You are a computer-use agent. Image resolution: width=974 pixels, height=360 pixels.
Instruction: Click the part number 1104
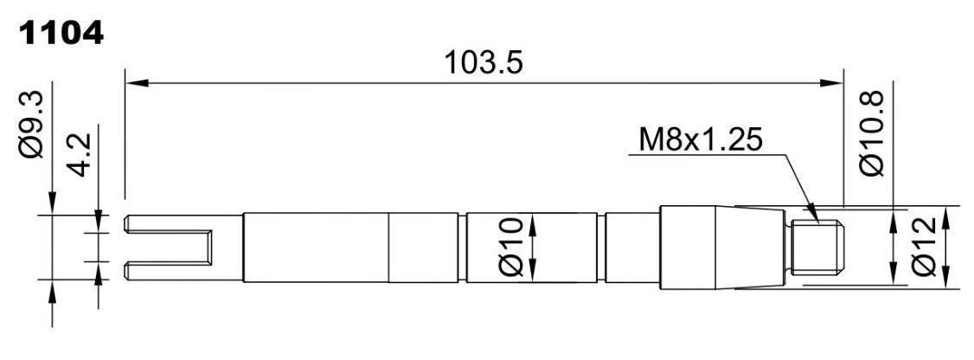61,35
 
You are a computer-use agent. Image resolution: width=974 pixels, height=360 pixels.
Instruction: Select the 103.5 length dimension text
484,63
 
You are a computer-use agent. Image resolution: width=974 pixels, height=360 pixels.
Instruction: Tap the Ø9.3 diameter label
31,124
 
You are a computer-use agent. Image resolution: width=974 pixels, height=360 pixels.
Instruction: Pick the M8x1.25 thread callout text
701,141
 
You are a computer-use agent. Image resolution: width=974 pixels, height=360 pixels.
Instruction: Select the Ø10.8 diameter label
872,132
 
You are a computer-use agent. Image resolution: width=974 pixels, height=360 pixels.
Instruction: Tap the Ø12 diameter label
925,247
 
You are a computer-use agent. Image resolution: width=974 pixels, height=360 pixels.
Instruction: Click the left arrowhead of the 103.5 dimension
137,83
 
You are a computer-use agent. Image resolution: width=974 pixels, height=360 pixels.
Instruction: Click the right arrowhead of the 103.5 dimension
831,83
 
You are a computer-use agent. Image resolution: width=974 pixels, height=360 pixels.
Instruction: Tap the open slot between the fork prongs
168,247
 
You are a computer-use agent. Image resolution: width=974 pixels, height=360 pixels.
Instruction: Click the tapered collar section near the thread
749,248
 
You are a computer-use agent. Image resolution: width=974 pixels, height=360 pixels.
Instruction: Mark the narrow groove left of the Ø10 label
463,247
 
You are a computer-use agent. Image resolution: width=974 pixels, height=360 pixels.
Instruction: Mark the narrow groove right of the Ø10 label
601,247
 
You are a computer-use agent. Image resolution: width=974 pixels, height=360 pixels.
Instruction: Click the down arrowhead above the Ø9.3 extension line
52,203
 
